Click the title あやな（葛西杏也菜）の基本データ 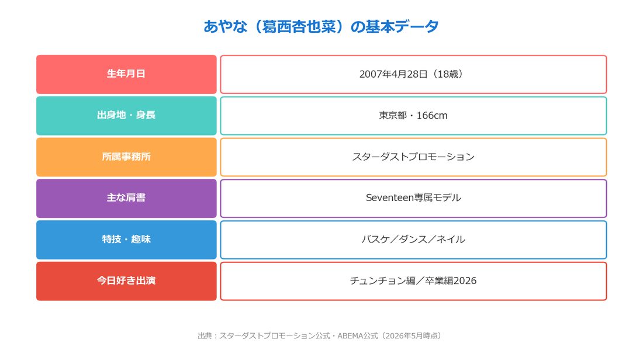pos(321,27)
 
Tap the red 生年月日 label pos(126,74)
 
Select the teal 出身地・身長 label pos(126,116)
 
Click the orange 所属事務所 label pos(126,157)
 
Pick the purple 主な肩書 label pos(126,198)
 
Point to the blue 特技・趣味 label pos(126,240)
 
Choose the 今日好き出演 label pos(126,281)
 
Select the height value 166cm pos(432,116)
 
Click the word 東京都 pos(393,116)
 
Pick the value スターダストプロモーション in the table pos(413,157)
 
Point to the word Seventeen pos(389,198)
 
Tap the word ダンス pos(413,240)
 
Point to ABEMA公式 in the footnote pos(358,336)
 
